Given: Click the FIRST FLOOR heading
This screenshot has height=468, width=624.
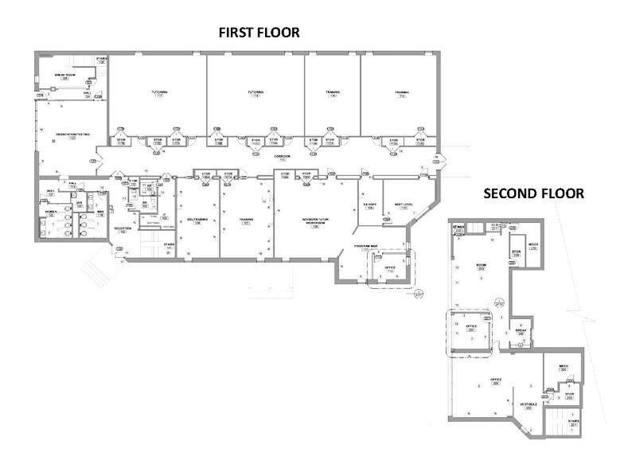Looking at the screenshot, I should (x=259, y=33).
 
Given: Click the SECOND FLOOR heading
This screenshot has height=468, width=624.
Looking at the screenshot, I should (x=534, y=193).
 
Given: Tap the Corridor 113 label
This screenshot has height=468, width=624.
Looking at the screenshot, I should (x=283, y=158).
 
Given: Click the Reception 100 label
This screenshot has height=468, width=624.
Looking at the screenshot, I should (x=123, y=231).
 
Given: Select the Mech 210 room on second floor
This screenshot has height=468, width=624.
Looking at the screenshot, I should (x=533, y=246).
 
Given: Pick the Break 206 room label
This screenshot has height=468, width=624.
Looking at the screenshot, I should (x=521, y=332).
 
